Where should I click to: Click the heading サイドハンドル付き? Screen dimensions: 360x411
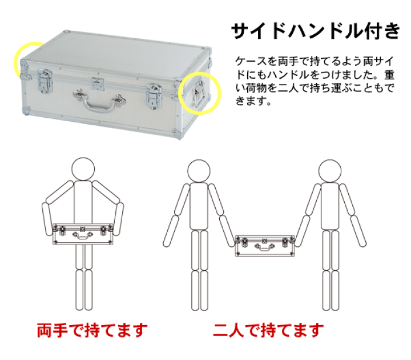(x=316, y=31)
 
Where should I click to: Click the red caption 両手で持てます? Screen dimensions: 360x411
(x=92, y=330)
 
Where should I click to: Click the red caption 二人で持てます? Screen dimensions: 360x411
(x=268, y=330)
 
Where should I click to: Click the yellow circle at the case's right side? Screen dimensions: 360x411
(x=198, y=93)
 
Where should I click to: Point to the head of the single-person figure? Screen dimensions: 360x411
(x=83, y=169)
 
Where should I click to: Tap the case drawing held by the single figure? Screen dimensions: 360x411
(x=84, y=234)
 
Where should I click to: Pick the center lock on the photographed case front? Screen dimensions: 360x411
(x=98, y=86)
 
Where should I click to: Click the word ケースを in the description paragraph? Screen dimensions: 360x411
(x=249, y=60)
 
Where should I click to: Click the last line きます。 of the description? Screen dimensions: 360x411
(x=251, y=102)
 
